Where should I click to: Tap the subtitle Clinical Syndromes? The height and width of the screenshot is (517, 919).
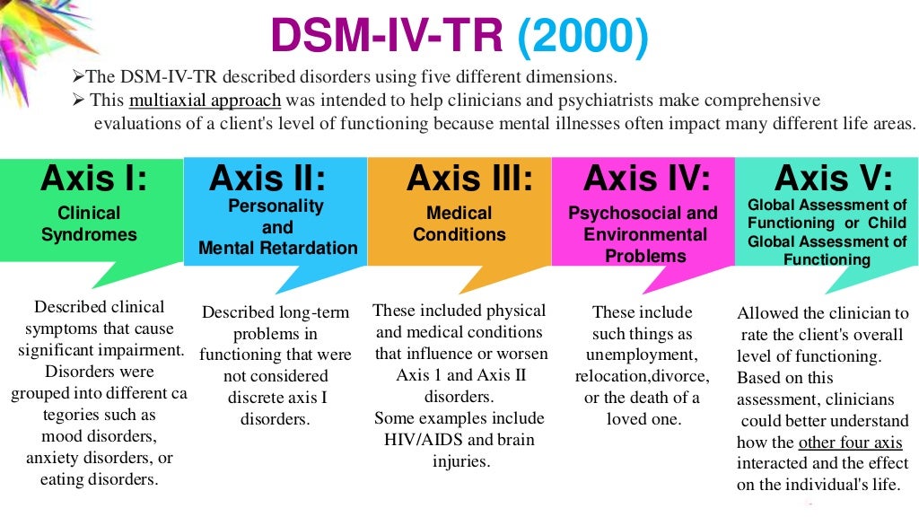coord(89,223)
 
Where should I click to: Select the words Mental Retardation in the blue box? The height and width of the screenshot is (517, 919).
coord(278,248)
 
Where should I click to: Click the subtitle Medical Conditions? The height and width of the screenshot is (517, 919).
coord(459,223)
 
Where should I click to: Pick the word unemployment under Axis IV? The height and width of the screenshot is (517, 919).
coord(642,355)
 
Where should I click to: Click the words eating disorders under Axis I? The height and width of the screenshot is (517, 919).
coord(99,479)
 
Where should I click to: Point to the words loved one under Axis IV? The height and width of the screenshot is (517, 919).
coord(643,418)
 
